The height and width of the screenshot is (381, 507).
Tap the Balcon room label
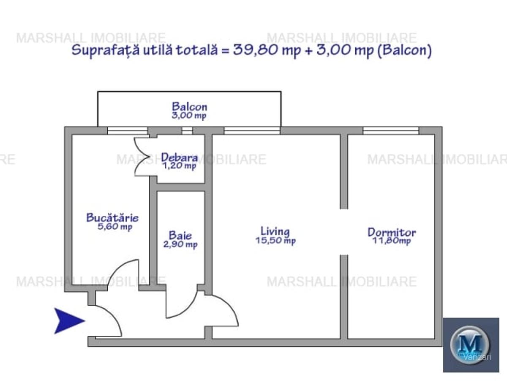pos(189,107)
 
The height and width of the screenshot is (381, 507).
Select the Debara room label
pos(179,157)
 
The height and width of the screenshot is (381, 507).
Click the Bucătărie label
pos(112,218)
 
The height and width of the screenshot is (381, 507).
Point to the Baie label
pos(180,235)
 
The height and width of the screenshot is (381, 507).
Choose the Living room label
pos(275,232)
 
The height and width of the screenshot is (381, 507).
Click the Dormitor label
pos(392,232)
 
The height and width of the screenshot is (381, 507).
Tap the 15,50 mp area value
pos(275,241)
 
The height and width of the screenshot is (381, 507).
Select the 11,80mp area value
pos(391,241)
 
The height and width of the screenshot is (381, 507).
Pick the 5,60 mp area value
pos(114,227)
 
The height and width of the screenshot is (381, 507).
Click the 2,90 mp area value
pos(180,244)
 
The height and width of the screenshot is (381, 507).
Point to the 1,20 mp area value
pos(180,166)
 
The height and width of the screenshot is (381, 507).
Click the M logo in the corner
pos(470,341)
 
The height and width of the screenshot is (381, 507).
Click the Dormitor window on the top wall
pos(391,131)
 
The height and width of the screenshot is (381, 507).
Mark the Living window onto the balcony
pos(252,131)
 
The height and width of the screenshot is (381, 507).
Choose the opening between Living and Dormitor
pos(344,232)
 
